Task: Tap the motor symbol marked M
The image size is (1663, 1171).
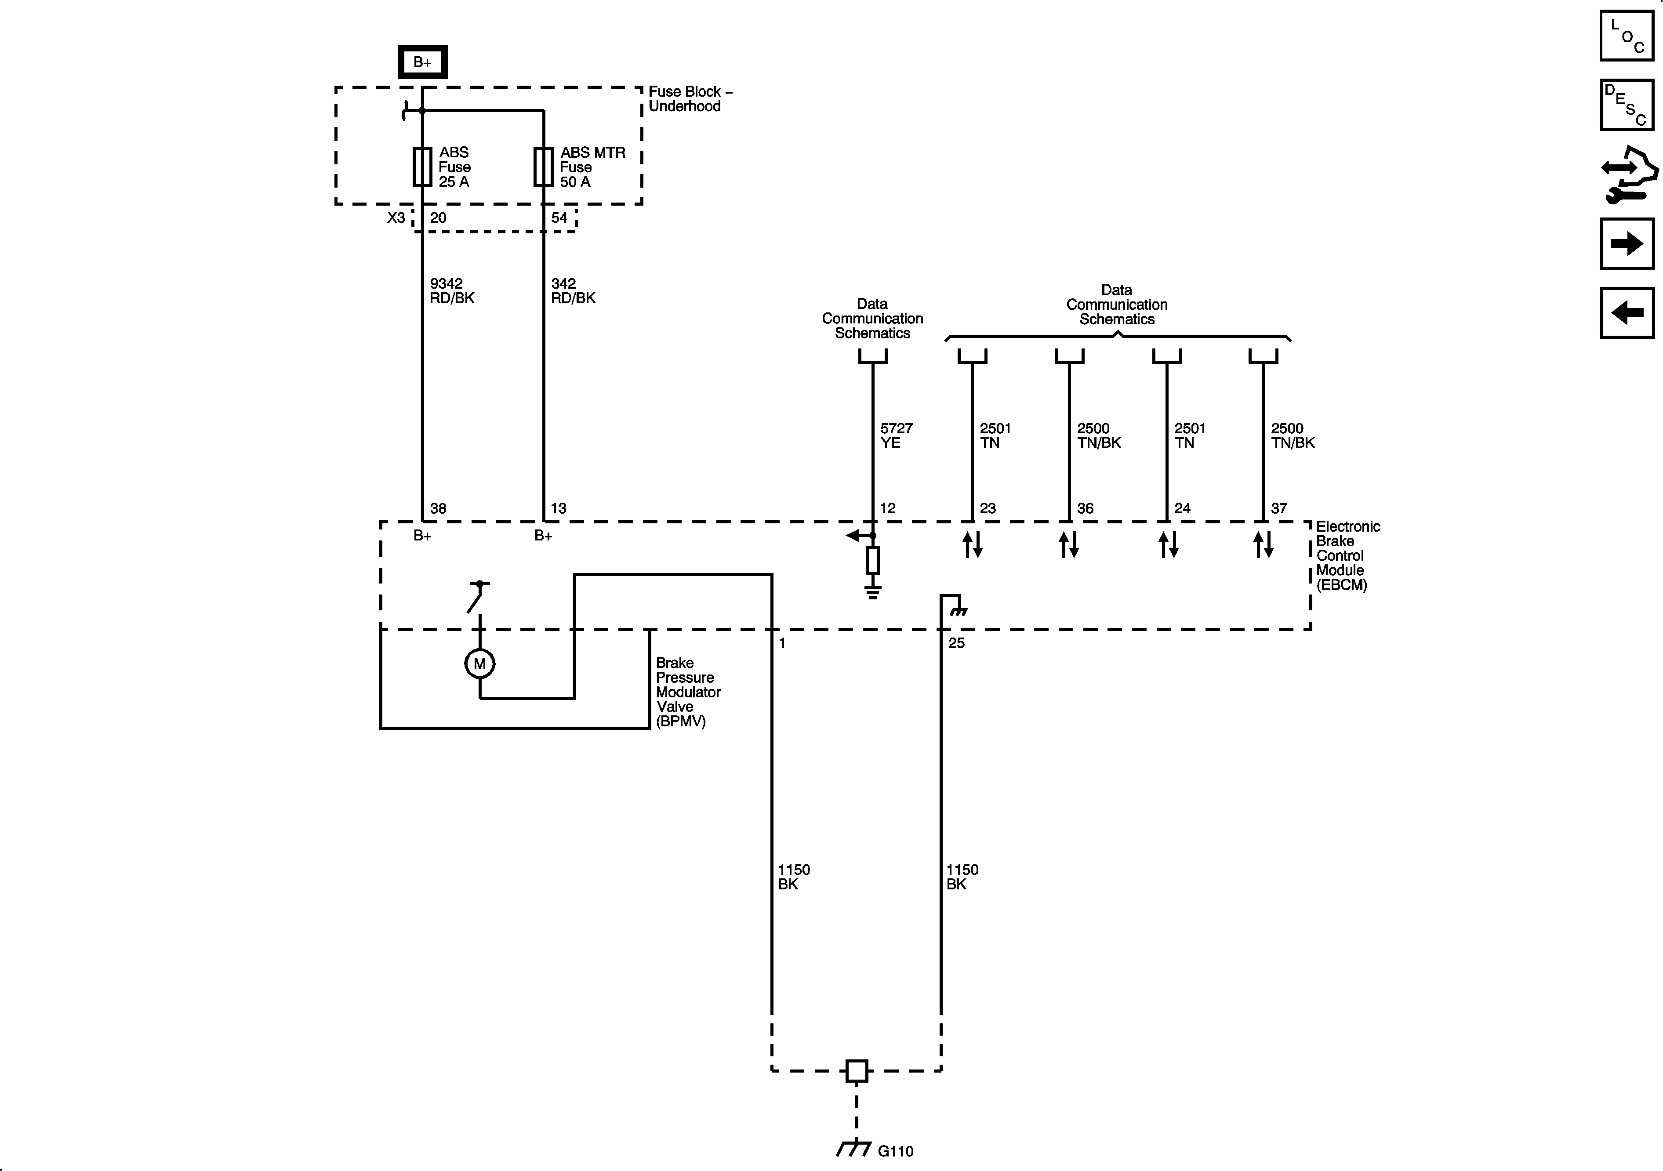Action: [479, 663]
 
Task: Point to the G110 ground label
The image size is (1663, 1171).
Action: [895, 1151]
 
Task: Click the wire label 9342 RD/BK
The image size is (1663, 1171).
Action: [452, 290]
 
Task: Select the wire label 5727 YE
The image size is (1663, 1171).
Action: [896, 435]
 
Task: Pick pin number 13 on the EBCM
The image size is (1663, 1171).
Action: [559, 508]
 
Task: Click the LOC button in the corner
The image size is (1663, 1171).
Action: [1627, 36]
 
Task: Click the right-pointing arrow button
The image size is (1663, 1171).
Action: [1627, 244]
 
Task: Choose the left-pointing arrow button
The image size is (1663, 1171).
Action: [1627, 313]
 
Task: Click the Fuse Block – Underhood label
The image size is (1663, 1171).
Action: [690, 98]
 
